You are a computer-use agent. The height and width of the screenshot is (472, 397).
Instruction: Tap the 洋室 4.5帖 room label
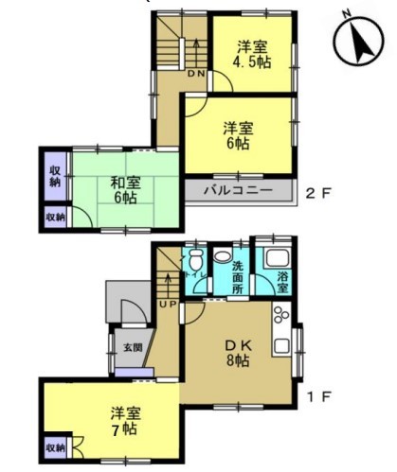[x=252, y=55]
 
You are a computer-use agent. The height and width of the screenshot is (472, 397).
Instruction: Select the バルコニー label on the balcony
[x=238, y=190]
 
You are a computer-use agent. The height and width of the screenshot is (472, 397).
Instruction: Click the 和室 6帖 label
[x=125, y=190]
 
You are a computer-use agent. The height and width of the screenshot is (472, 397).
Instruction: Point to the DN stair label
[x=196, y=74]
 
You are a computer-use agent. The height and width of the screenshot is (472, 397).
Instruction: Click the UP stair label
[x=168, y=305]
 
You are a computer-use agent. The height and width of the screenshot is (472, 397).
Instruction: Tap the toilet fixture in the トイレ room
[x=196, y=258]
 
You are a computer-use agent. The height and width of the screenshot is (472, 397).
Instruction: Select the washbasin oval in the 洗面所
[x=223, y=255]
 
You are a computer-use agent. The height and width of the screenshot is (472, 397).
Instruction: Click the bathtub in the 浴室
[x=278, y=258]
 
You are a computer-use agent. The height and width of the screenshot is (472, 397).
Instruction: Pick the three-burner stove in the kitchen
[x=280, y=315]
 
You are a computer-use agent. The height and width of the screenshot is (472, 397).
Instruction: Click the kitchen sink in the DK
[x=281, y=345]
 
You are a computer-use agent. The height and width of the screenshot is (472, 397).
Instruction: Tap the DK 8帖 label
[x=239, y=354]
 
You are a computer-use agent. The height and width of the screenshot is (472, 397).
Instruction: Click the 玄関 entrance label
[x=133, y=348]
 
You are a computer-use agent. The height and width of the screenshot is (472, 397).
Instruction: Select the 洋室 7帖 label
[x=125, y=421]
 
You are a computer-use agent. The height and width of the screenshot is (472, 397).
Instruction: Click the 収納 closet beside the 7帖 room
[x=56, y=448]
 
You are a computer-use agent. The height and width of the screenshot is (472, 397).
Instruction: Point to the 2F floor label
[x=318, y=193]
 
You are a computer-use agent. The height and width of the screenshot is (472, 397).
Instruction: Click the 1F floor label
[x=319, y=396]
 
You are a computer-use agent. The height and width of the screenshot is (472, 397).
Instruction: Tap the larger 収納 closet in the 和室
[x=56, y=176]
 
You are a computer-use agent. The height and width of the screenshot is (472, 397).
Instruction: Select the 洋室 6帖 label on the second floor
[x=239, y=135]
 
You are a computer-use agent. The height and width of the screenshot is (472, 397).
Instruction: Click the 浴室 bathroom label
[x=282, y=282]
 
